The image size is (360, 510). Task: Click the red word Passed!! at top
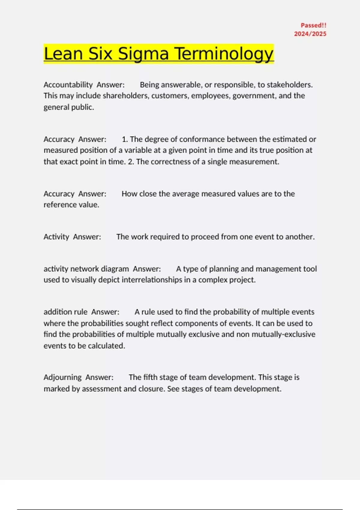tap(313, 25)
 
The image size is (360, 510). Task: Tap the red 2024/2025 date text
tap(310, 34)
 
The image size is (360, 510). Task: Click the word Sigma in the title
tap(143, 54)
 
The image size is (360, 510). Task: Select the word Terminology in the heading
tap(224, 54)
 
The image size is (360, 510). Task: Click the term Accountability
tap(68, 85)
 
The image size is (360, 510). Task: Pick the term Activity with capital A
tap(56, 237)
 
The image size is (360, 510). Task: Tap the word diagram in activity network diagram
tap(115, 269)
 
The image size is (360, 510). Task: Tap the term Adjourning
tap(62, 377)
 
